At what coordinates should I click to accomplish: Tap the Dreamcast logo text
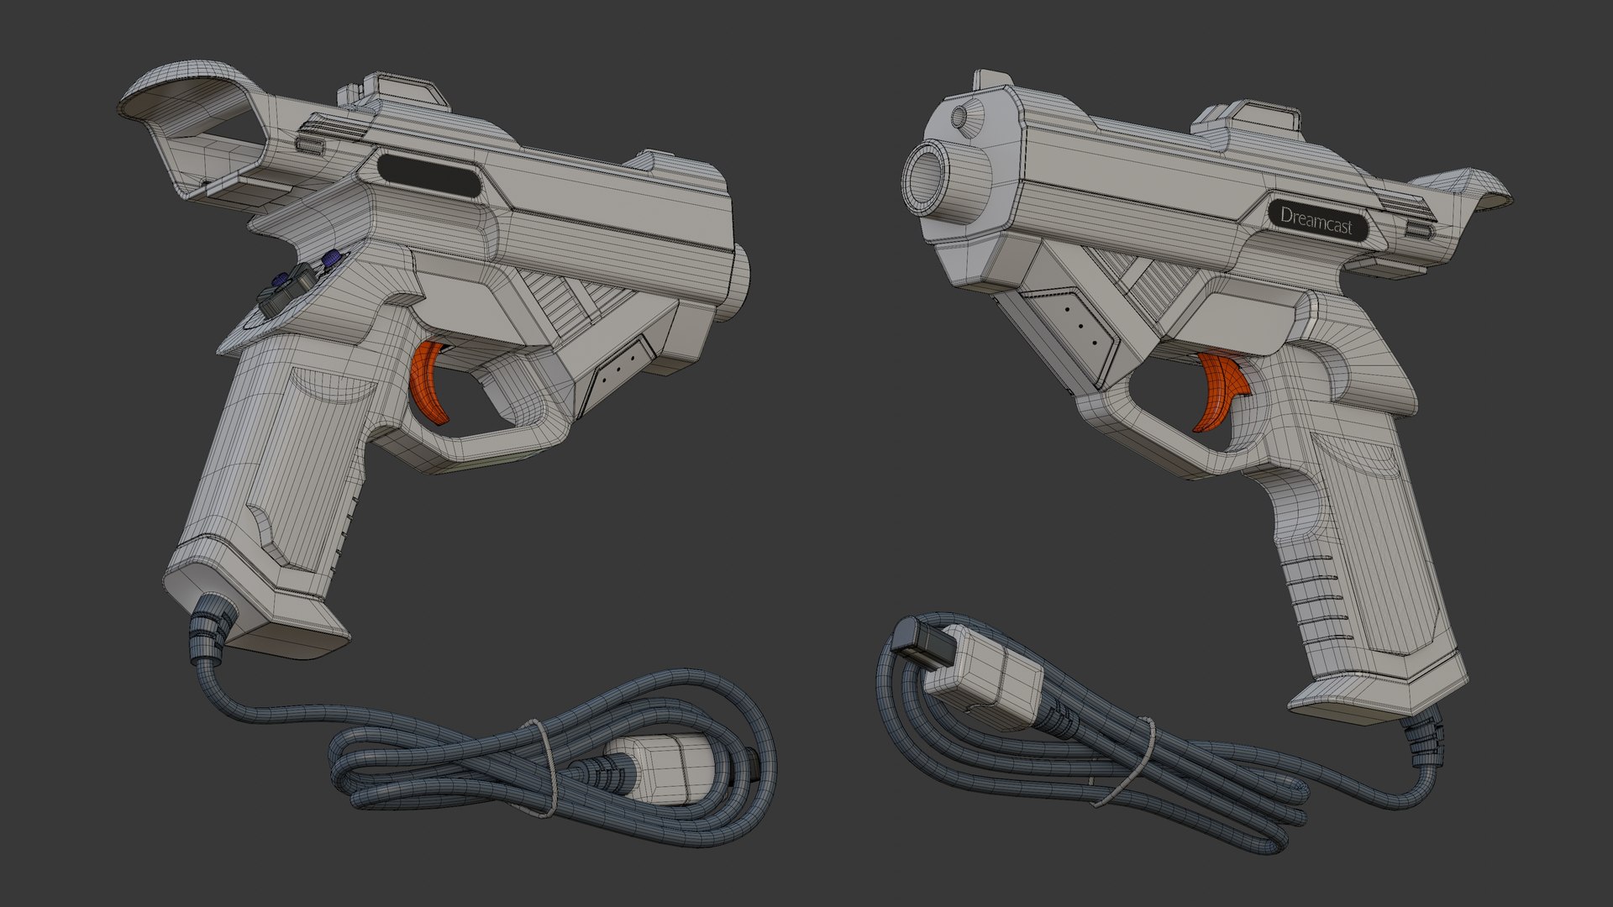(x=1316, y=218)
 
